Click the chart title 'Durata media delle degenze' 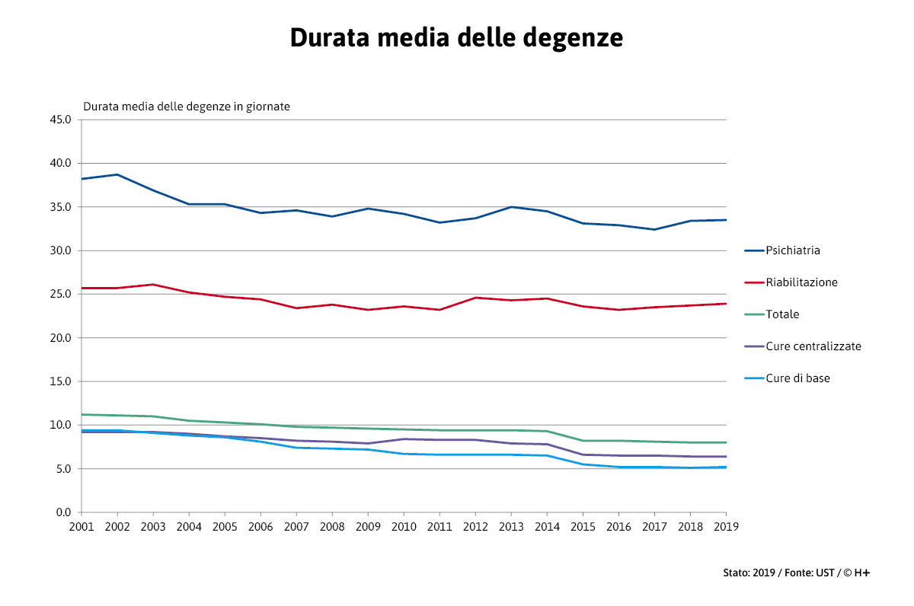click(456, 37)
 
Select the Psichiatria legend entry click(792, 250)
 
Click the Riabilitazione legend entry click(801, 282)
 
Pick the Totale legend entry click(782, 314)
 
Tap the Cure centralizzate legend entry click(813, 346)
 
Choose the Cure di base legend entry click(797, 378)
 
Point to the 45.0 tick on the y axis click(60, 120)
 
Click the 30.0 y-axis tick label click(60, 250)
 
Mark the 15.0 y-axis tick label click(60, 381)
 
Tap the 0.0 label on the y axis click(63, 512)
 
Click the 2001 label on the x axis click(81, 526)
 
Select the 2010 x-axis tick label click(404, 526)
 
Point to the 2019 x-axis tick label click(726, 526)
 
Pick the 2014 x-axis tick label click(547, 526)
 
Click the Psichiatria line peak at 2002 click(117, 174)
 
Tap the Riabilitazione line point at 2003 click(153, 285)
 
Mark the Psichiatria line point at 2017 click(654, 229)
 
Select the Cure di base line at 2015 click(583, 464)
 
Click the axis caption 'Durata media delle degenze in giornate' click(187, 107)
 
